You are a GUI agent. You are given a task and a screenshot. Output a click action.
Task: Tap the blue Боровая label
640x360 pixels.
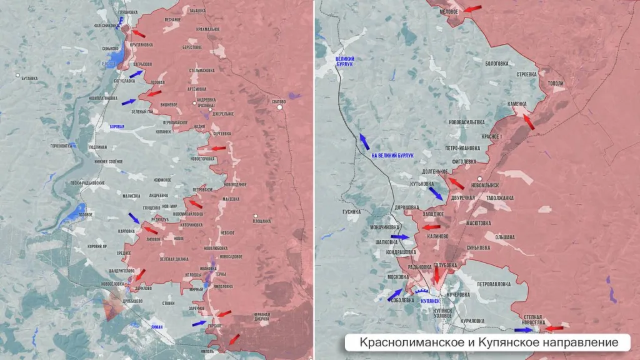pyautogui.click(x=117, y=127)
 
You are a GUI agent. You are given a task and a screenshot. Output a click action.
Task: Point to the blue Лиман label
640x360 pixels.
pyautogui.click(x=157, y=326)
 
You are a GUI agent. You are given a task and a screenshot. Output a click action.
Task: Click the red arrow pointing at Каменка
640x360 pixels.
pyautogui.click(x=529, y=121)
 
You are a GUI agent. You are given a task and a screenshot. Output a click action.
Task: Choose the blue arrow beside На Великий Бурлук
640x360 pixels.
pyautogui.click(x=363, y=140)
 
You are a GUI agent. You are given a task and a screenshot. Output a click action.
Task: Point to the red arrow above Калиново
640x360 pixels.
pyautogui.click(x=431, y=227)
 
